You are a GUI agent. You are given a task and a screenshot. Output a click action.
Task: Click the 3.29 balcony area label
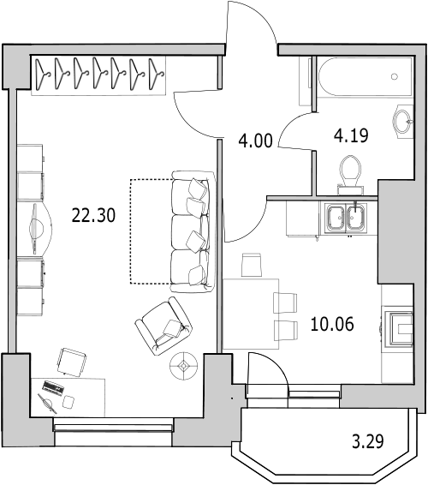[x=369, y=443]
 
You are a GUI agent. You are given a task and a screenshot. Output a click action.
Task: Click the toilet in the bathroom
[x=349, y=170]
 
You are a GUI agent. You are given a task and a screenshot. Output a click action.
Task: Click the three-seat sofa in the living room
[x=191, y=231]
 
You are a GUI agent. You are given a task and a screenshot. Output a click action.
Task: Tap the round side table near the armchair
[x=182, y=366]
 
